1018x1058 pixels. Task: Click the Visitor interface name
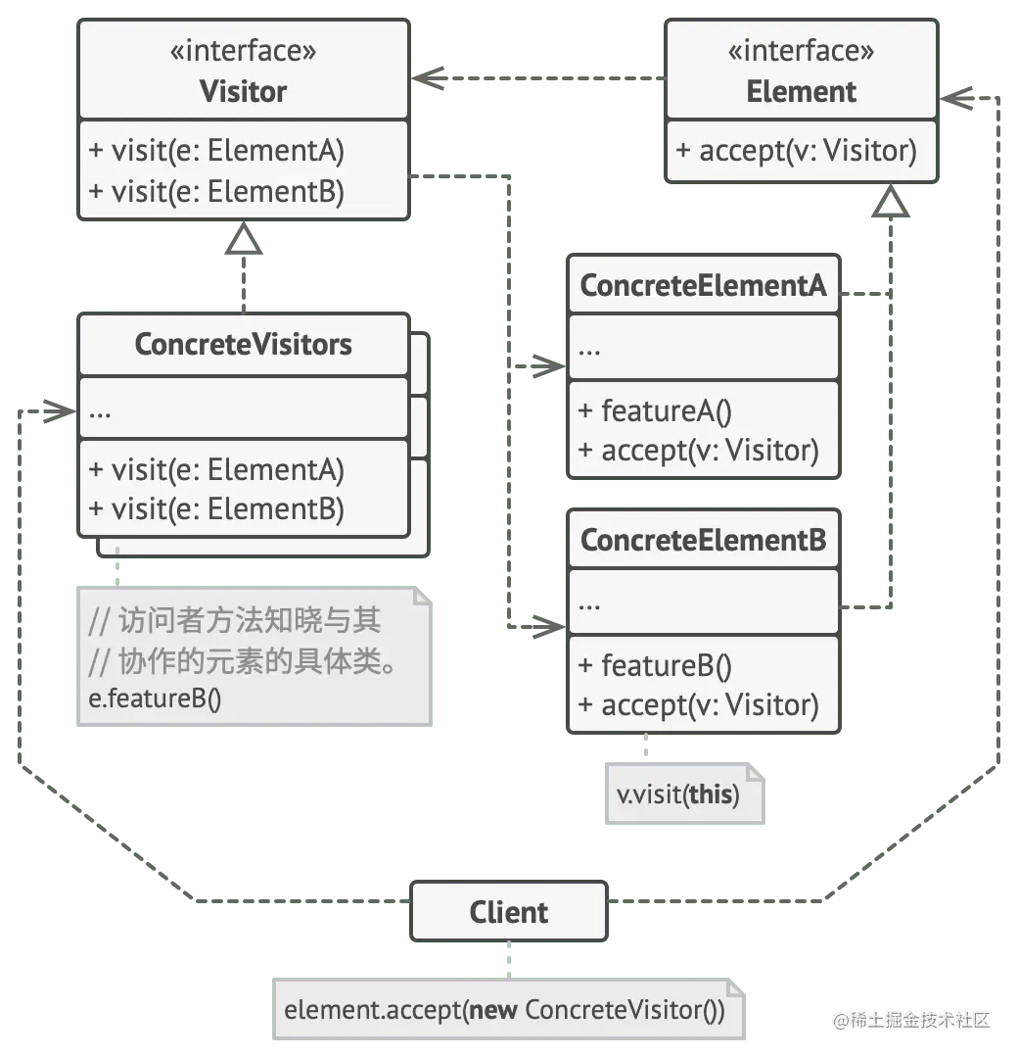coord(243,92)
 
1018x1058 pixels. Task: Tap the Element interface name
coord(801,92)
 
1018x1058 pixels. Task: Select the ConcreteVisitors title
coord(243,345)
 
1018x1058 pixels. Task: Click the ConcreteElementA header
coord(703,286)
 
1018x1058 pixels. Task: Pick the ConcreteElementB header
coord(703,540)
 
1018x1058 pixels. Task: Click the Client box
coord(509,912)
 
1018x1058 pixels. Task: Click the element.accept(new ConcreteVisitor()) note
coord(504,1010)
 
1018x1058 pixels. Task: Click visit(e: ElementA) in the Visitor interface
coord(216,151)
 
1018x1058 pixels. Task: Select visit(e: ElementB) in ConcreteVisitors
coord(216,509)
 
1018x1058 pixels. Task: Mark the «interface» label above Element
coord(801,51)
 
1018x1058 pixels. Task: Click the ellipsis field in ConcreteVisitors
coord(101,409)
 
